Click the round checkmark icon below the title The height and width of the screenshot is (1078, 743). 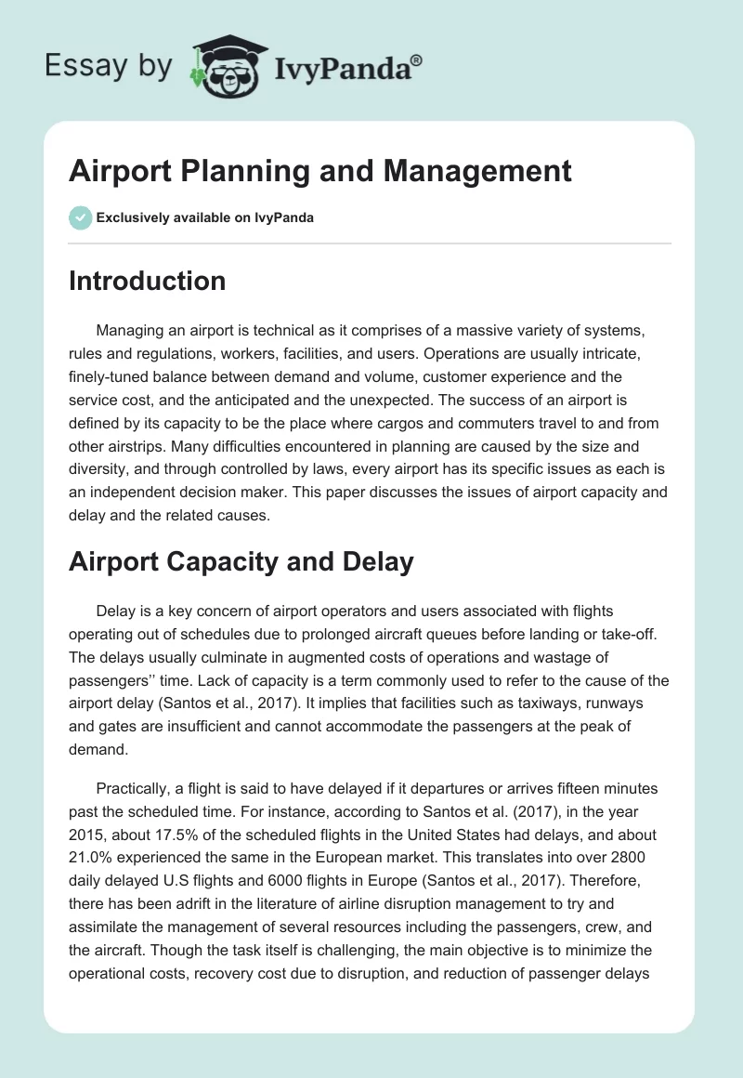tap(80, 217)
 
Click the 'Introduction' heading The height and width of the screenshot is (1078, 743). tap(147, 281)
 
